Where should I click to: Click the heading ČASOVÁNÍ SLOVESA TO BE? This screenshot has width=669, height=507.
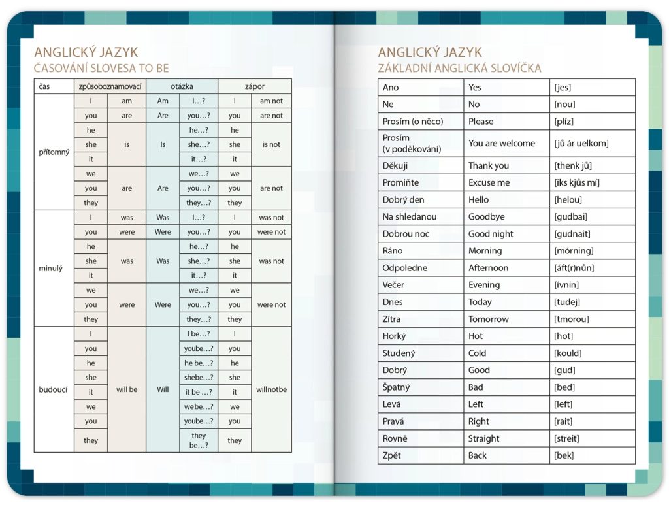101,68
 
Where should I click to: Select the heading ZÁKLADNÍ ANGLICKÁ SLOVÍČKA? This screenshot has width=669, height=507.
459,68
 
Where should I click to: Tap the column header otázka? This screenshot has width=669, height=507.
182,86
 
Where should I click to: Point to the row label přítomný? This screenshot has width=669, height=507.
54,152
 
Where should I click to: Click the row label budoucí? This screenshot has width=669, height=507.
53,389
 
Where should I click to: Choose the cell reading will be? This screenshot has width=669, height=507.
127,389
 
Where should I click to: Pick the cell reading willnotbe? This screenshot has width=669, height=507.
271,389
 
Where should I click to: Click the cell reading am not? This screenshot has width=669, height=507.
271,101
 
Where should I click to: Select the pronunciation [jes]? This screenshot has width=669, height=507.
563,88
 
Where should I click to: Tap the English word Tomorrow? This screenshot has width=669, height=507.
488,319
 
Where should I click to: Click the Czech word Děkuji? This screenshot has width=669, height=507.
395,166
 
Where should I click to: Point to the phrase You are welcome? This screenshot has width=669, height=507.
501,144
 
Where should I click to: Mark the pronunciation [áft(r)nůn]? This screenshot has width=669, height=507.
574,268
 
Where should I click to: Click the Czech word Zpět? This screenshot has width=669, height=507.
392,455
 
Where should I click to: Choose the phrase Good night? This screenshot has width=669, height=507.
491,234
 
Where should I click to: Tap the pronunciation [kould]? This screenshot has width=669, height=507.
568,353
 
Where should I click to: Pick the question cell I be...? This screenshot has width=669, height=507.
199,334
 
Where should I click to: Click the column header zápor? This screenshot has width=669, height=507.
254,86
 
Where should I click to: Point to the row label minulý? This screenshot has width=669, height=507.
51,268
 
